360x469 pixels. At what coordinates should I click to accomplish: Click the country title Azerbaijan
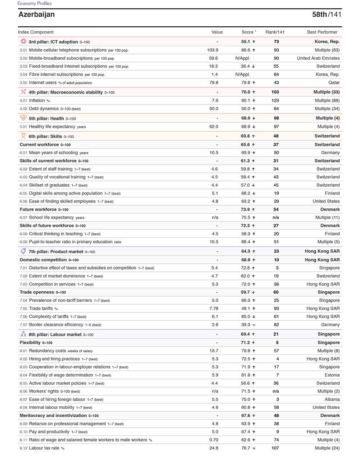(x=36, y=14)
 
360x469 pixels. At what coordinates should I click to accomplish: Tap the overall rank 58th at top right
(x=319, y=14)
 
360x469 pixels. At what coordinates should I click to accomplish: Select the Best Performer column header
(x=322, y=32)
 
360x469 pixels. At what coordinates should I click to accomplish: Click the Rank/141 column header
(x=275, y=32)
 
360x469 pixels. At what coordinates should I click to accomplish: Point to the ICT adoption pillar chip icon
(x=23, y=41)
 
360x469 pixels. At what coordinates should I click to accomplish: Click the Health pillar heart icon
(x=23, y=118)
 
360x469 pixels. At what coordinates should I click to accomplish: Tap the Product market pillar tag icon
(x=23, y=251)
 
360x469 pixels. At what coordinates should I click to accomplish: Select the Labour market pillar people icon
(x=23, y=334)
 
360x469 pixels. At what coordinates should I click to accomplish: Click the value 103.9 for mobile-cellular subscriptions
(x=212, y=50)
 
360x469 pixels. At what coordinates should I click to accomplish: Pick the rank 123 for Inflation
(x=275, y=100)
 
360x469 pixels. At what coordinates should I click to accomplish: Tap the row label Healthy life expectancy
(x=52, y=127)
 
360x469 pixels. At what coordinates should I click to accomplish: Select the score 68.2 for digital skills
(x=246, y=193)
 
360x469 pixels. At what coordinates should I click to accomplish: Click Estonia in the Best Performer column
(x=332, y=375)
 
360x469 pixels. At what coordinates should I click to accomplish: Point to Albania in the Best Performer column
(x=332, y=399)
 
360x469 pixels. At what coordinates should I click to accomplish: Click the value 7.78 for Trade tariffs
(x=213, y=308)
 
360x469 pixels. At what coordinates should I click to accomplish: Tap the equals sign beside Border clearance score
(x=254, y=325)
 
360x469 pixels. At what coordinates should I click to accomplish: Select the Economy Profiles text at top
(x=35, y=4)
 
